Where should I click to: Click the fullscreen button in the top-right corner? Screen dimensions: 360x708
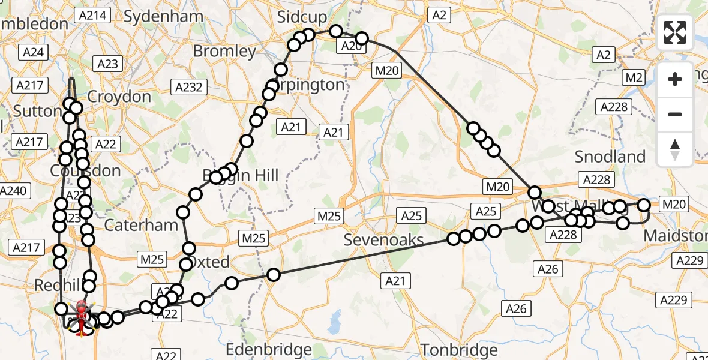pyautogui.click(x=675, y=32)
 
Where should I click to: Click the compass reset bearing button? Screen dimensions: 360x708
pyautogui.click(x=675, y=149)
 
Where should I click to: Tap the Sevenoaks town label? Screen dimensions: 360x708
pyautogui.click(x=384, y=240)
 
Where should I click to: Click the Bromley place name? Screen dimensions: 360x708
pyautogui.click(x=224, y=51)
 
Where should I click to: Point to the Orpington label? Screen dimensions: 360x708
pyautogui.click(x=308, y=85)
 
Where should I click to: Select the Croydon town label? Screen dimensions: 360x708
pyautogui.click(x=119, y=97)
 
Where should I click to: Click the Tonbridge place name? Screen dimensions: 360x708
pyautogui.click(x=459, y=350)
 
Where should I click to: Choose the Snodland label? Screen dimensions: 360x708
pyautogui.click(x=610, y=157)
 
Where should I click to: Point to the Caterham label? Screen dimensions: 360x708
pyautogui.click(x=141, y=225)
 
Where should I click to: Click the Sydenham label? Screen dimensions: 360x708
pyautogui.click(x=163, y=16)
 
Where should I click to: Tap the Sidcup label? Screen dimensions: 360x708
pyautogui.click(x=302, y=17)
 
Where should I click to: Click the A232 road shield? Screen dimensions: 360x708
pyautogui.click(x=188, y=87)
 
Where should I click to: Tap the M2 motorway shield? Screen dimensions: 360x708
pyautogui.click(x=634, y=77)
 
